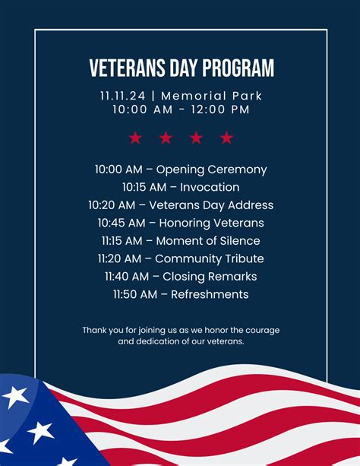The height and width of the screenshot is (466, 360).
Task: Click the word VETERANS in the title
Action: point(125,68)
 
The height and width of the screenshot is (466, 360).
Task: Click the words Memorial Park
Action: point(212,96)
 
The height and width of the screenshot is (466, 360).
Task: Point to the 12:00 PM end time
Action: point(219,109)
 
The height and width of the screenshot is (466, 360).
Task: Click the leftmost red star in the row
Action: point(135,138)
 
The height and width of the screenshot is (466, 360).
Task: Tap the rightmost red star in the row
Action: point(226,138)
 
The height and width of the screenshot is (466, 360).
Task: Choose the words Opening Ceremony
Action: point(211,170)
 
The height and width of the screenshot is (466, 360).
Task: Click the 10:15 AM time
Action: point(141,187)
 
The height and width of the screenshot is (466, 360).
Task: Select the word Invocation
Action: point(210,187)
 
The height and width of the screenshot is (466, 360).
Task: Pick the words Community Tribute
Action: point(209,258)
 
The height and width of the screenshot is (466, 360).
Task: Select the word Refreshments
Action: point(210,294)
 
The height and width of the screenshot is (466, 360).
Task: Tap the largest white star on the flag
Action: point(14,396)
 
